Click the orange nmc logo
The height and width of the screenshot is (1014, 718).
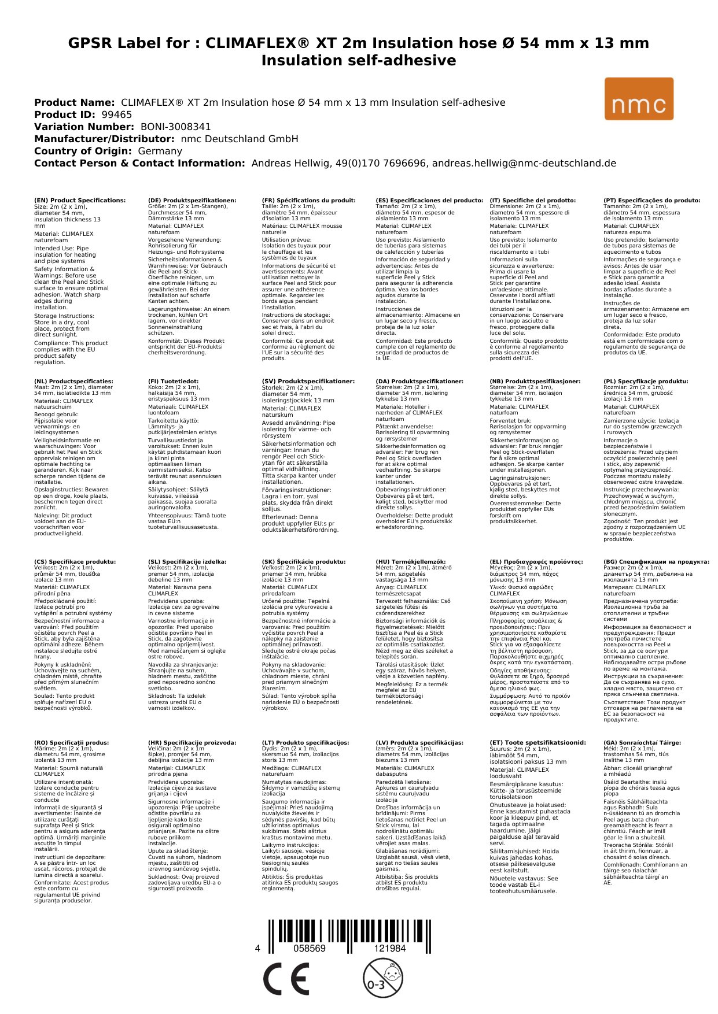tap(638, 99)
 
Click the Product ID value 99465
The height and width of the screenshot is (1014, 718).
tap(117, 114)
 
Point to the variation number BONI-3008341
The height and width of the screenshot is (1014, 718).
tap(175, 127)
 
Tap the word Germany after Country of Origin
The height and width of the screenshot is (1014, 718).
tap(160, 151)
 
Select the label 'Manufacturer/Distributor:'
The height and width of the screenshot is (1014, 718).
tap(104, 139)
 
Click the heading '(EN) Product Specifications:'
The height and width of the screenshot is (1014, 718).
tap(80, 201)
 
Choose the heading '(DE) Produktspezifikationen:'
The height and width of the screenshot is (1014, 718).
tap(192, 201)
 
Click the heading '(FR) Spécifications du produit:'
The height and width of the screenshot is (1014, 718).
tap(308, 201)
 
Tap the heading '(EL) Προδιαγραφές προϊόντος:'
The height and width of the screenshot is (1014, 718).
tap(536, 562)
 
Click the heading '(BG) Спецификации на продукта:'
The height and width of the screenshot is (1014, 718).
tap(656, 562)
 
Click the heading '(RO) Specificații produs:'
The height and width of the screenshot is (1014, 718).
tap(72, 743)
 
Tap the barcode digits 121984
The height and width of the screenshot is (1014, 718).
tap(389, 949)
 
